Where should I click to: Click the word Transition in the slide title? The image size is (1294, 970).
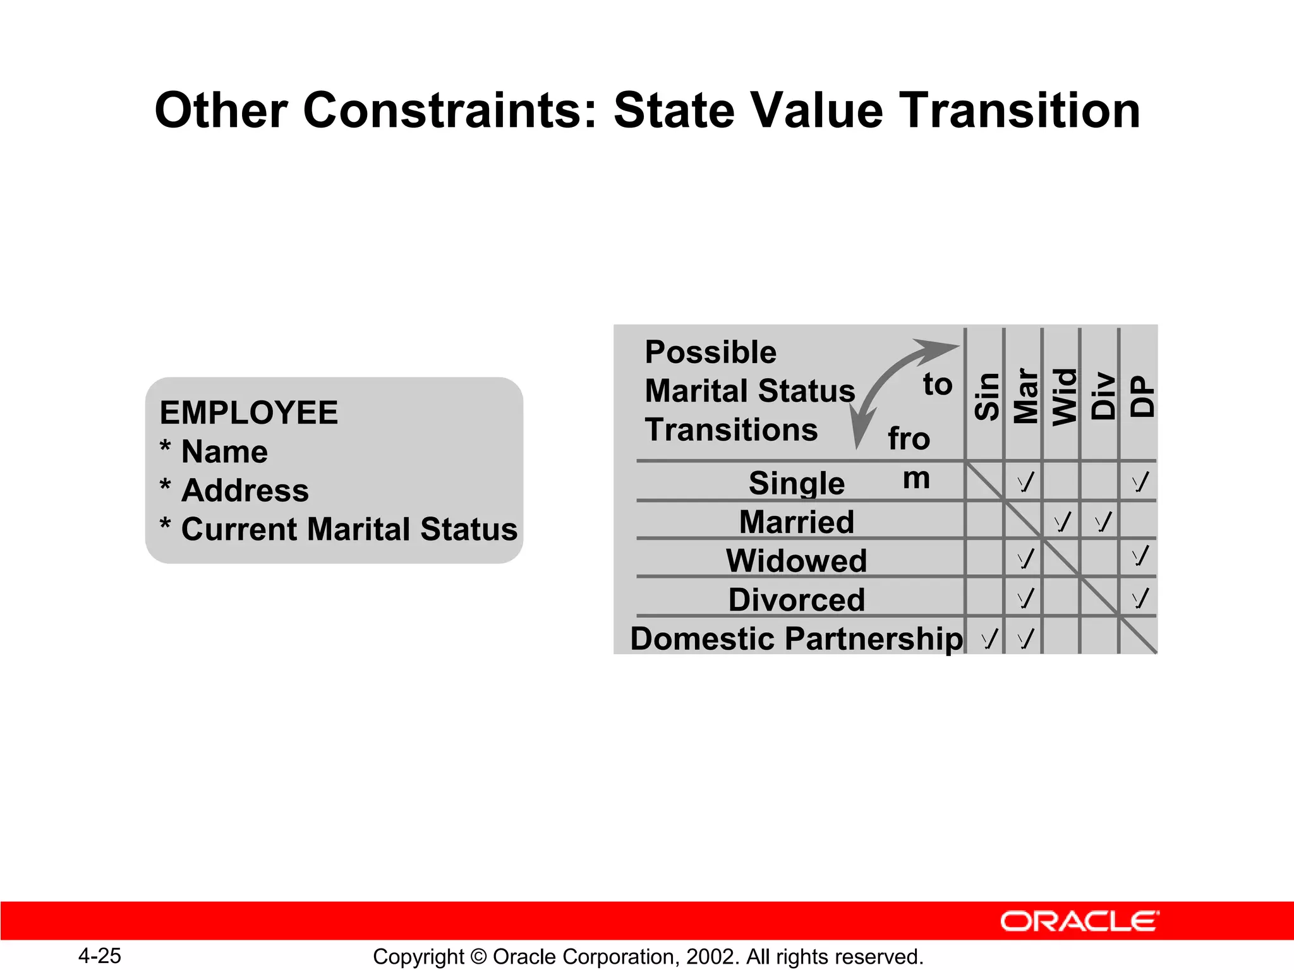click(x=1019, y=111)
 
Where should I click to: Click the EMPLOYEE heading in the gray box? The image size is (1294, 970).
click(x=248, y=413)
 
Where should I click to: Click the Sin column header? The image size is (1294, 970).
click(x=986, y=397)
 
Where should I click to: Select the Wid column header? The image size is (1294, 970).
click(x=1064, y=397)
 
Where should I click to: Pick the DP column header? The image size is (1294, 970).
click(x=1141, y=397)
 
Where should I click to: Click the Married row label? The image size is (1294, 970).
click(x=796, y=522)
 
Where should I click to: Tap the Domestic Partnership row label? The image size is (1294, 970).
click(x=796, y=638)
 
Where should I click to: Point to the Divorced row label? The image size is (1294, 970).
click(x=796, y=599)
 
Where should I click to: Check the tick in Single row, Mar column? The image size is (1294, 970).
click(x=1025, y=482)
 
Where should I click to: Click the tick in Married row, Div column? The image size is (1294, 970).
click(x=1103, y=522)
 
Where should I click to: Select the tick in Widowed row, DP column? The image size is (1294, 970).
click(x=1140, y=556)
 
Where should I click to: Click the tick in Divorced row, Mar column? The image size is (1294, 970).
click(x=1025, y=598)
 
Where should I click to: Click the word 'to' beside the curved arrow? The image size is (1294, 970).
click(x=937, y=385)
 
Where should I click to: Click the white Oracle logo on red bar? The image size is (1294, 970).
click(x=1080, y=921)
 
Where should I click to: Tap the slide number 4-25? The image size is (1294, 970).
click(x=100, y=955)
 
